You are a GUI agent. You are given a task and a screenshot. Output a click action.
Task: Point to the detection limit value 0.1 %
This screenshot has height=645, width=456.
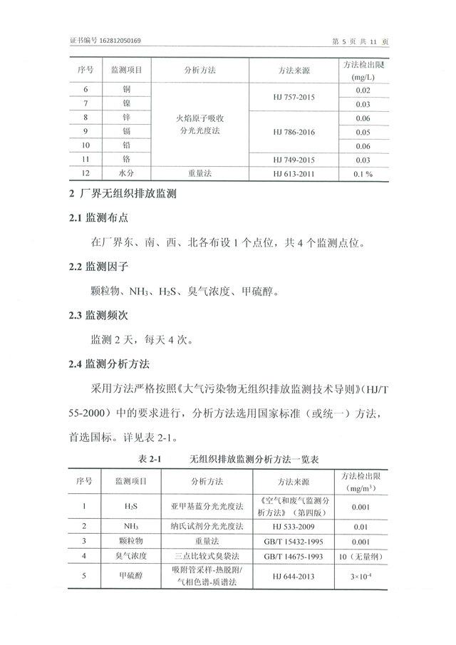point(363,173)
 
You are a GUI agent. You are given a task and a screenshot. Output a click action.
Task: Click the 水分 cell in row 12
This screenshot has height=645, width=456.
point(126,173)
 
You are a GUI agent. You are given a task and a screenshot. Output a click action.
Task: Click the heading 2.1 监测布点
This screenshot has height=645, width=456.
point(99,218)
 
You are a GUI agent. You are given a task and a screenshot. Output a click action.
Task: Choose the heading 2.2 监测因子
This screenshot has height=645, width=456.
point(99,267)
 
